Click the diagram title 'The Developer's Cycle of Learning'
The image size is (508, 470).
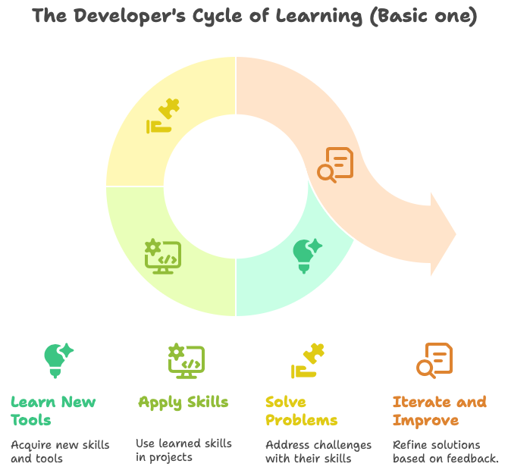pyautogui.click(x=254, y=16)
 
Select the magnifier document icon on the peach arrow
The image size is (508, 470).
pyautogui.click(x=335, y=164)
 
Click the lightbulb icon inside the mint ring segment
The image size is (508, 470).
pyautogui.click(x=306, y=255)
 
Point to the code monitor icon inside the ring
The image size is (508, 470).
pyautogui.click(x=162, y=256)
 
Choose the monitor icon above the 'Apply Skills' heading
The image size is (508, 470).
pyautogui.click(x=186, y=360)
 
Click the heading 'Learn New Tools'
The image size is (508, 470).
pyautogui.click(x=53, y=410)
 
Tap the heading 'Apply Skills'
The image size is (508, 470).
pyautogui.click(x=183, y=402)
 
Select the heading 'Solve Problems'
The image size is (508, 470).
pyautogui.click(x=301, y=410)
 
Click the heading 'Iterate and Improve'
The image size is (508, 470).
pyautogui.click(x=439, y=410)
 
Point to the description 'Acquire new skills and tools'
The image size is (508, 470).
pyautogui.click(x=60, y=451)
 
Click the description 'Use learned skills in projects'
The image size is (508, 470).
pyautogui.click(x=183, y=450)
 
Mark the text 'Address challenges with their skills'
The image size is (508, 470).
pyautogui.click(x=318, y=451)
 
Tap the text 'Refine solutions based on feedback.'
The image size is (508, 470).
pyautogui.click(x=445, y=451)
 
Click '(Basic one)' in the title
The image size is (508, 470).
pyautogui.click(x=423, y=16)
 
